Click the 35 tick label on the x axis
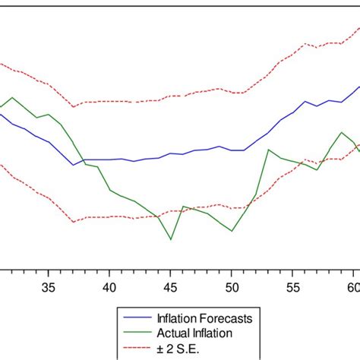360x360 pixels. pyautogui.click(x=48, y=287)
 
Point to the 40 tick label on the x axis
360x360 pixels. pyautogui.click(x=109, y=287)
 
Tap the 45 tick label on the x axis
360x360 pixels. pyautogui.click(x=171, y=287)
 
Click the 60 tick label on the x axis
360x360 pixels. pyautogui.click(x=352, y=287)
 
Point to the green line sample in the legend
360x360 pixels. pyautogui.click(x=137, y=332)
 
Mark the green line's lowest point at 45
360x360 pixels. pyautogui.click(x=171, y=240)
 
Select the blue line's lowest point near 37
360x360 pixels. pyautogui.click(x=74, y=165)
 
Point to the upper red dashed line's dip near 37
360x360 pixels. pyautogui.click(x=73, y=107)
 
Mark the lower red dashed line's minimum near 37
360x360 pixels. pyautogui.click(x=74, y=222)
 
